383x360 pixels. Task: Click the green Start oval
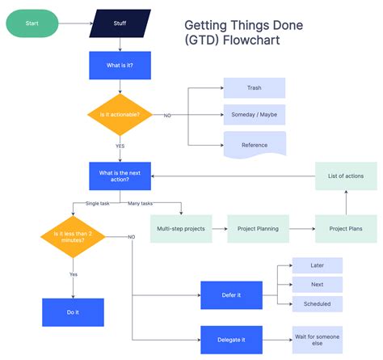coord(32,23)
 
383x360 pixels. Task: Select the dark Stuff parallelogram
coord(120,23)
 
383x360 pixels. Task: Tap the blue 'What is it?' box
coord(120,66)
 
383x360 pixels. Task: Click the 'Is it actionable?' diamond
coord(120,115)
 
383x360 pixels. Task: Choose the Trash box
coord(255,87)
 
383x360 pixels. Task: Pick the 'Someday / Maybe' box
coord(255,116)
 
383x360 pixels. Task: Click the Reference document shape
coord(255,144)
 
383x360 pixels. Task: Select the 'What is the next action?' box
coord(120,176)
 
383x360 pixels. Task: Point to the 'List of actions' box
coord(345,176)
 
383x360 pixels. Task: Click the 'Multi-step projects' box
coord(181,229)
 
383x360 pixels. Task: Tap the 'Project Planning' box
coord(258,229)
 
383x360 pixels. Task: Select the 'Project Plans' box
coord(345,229)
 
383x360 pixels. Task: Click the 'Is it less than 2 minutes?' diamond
coord(73,237)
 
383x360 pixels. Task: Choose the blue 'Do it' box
coord(73,311)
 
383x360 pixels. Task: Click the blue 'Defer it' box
coord(231,295)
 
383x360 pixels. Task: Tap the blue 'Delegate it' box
coord(231,339)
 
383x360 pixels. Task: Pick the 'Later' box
coord(317,265)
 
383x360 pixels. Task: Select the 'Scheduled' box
coord(317,304)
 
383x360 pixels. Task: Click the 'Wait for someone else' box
coord(317,339)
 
